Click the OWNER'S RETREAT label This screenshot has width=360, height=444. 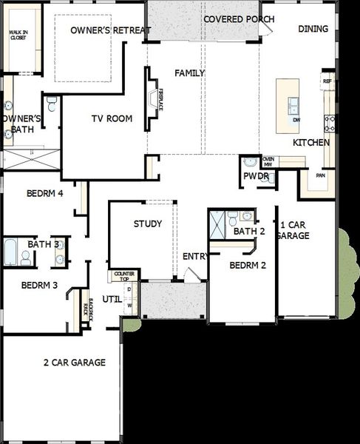(x=111, y=30)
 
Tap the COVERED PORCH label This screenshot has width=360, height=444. (x=239, y=18)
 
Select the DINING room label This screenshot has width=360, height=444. (x=313, y=29)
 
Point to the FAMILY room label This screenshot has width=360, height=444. (x=189, y=73)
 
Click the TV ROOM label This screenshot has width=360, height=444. (x=112, y=118)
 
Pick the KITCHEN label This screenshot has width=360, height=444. (x=311, y=142)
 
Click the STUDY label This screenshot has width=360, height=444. (x=148, y=223)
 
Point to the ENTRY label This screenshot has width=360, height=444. (x=195, y=256)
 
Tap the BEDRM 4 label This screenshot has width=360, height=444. (x=44, y=194)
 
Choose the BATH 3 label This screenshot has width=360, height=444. (x=43, y=243)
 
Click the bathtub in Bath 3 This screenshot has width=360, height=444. (x=10, y=253)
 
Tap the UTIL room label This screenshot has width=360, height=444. (x=112, y=299)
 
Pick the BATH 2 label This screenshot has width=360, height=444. (x=249, y=232)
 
